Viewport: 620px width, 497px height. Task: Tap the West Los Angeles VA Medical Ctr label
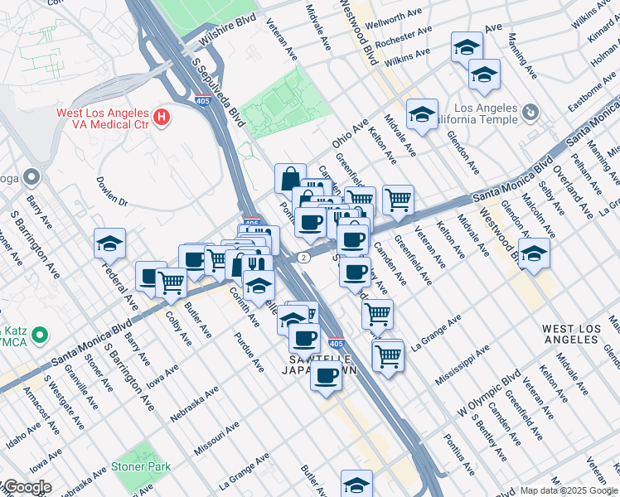tap(103, 118)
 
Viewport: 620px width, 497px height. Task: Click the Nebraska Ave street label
tap(189, 397)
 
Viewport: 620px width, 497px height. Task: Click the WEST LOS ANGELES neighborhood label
tap(571, 335)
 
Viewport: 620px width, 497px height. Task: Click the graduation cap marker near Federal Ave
tap(109, 244)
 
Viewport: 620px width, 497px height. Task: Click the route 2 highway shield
tap(304, 258)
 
